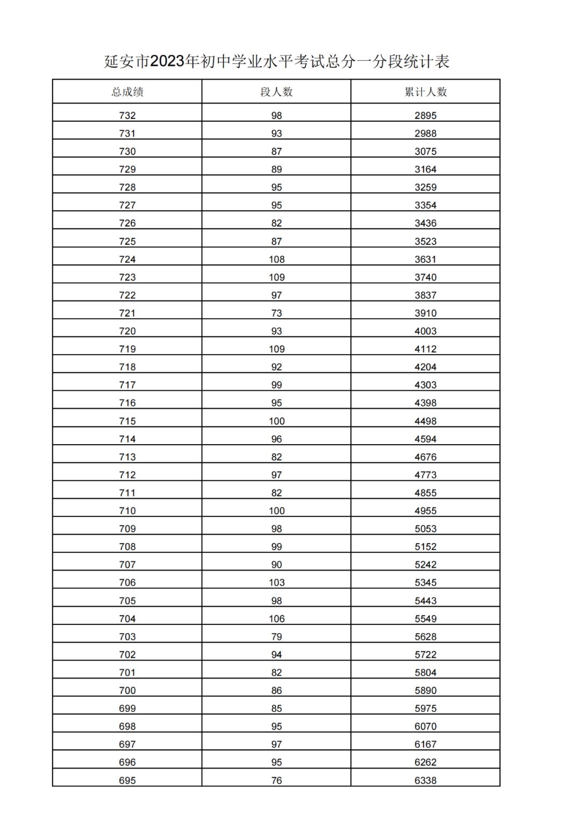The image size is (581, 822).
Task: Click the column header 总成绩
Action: [127, 92]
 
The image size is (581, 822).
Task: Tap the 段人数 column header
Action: [277, 92]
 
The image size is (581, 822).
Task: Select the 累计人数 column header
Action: [426, 92]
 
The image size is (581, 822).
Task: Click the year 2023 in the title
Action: [167, 62]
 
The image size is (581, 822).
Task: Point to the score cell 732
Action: [127, 116]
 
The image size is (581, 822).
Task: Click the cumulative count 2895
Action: [426, 116]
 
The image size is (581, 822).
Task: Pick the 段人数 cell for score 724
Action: [277, 259]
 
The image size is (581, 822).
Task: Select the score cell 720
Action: [127, 331]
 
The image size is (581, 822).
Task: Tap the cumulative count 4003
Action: [426, 331]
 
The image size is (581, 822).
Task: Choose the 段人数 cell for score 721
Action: [277, 313]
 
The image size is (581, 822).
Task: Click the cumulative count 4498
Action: [426, 421]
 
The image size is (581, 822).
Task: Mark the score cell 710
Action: [127, 511]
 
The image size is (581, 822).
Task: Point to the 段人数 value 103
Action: [277, 582]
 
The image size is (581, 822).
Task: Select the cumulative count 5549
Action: [426, 619]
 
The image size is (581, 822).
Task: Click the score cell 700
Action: [127, 691]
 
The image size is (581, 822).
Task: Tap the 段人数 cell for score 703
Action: [277, 637]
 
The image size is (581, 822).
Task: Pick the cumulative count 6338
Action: [426, 781]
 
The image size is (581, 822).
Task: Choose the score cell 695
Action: [127, 781]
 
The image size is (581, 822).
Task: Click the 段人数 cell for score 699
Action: [277, 708]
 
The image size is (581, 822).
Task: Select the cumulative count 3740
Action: [426, 277]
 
